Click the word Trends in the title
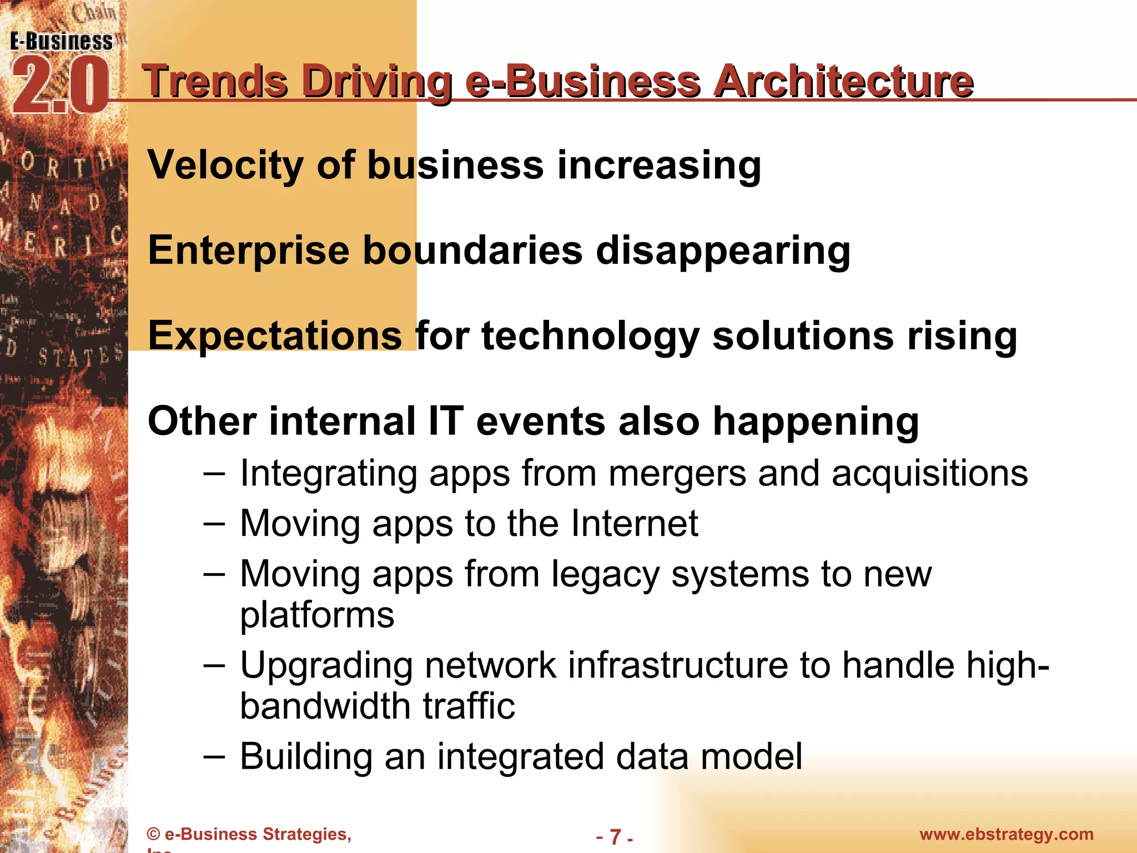click(x=215, y=81)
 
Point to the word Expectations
click(x=275, y=336)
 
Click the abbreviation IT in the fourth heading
click(x=445, y=421)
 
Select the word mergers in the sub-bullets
click(x=677, y=474)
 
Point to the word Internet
click(x=635, y=523)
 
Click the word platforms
click(x=317, y=615)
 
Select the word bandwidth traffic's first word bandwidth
click(x=325, y=706)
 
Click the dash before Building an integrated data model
click(x=214, y=756)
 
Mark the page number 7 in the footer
click(x=615, y=836)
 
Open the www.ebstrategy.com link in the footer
click(x=1006, y=834)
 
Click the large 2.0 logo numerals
click(x=59, y=86)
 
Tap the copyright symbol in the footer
click(x=154, y=834)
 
